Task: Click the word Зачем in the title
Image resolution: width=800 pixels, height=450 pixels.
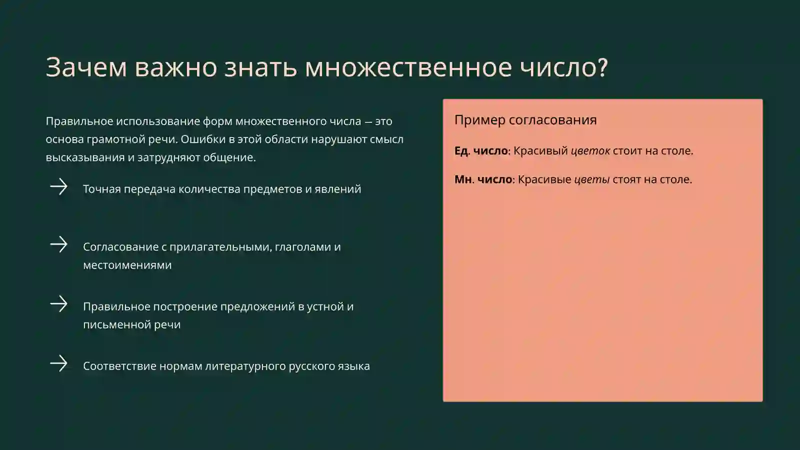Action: point(86,67)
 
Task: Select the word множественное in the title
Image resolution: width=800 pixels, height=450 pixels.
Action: point(408,67)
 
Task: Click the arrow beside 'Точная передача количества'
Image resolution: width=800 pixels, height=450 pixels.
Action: point(59,187)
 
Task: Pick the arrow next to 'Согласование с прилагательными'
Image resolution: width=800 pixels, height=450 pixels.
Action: point(59,244)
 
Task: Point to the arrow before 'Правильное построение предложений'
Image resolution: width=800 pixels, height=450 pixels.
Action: point(59,304)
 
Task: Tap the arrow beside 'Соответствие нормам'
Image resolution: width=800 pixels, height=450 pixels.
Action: point(59,363)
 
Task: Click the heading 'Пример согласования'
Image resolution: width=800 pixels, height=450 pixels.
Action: point(525,120)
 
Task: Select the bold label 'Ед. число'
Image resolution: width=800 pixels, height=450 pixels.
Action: point(481,150)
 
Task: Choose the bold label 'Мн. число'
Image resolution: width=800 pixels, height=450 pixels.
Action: point(483,179)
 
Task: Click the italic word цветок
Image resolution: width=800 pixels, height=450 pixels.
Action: point(590,150)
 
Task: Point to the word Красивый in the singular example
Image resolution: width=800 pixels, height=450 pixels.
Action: point(540,150)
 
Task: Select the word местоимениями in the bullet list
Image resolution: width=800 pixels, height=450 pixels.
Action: point(127,265)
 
